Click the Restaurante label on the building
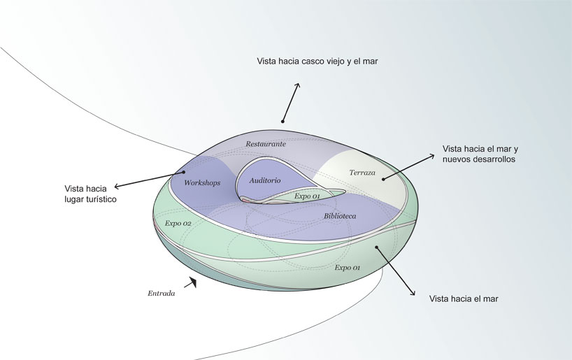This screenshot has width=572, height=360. pyautogui.click(x=265, y=143)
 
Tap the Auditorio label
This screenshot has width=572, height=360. pyautogui.click(x=264, y=180)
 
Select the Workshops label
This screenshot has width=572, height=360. pyautogui.click(x=202, y=182)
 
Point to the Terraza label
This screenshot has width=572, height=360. pyautogui.click(x=362, y=172)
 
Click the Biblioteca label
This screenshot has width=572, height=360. pyautogui.click(x=340, y=216)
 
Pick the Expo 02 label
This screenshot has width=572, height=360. pyautogui.click(x=178, y=223)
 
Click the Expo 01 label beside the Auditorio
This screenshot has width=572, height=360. pyautogui.click(x=307, y=196)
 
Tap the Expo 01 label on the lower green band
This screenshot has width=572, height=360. pyautogui.click(x=347, y=267)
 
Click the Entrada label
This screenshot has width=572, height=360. pyautogui.click(x=161, y=294)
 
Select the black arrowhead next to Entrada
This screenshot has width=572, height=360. pyautogui.click(x=192, y=282)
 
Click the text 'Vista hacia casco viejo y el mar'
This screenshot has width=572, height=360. pyautogui.click(x=317, y=62)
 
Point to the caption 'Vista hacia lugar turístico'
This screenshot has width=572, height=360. pyautogui.click(x=90, y=194)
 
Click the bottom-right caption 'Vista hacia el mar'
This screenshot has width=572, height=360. pyautogui.click(x=464, y=298)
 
